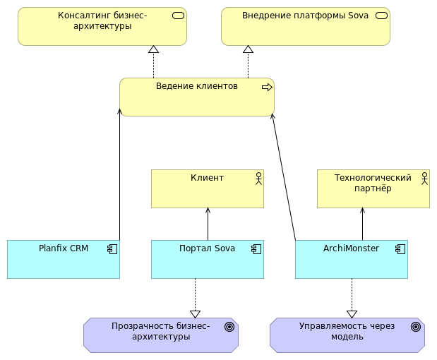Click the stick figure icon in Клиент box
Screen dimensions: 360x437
258,178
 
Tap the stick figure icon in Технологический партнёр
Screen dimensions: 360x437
424,178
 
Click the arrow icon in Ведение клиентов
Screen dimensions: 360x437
267,87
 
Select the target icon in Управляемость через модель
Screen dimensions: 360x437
416,327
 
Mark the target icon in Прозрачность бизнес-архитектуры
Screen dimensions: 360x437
229,327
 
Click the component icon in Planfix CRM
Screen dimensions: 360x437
112,248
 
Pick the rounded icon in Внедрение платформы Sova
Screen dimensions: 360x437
382,16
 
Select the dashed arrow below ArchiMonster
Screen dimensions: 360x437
352,296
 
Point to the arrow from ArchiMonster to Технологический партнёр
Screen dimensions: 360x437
362,224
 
